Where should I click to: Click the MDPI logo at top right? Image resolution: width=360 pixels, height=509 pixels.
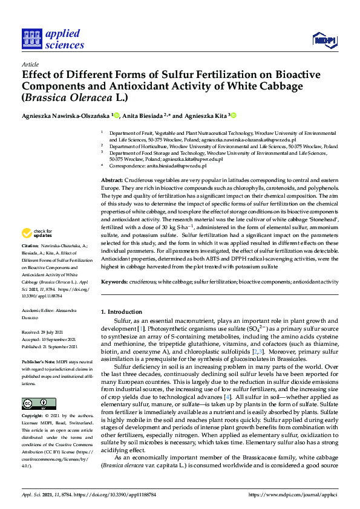tap(324, 40)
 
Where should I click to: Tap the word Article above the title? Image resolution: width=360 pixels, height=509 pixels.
tap(30, 63)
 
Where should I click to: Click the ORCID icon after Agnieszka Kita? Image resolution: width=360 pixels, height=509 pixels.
tap(233, 115)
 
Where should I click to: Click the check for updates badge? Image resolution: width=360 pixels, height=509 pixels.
tap(38, 233)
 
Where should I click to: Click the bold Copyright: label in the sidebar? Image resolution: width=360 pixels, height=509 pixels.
tap(33, 400)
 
